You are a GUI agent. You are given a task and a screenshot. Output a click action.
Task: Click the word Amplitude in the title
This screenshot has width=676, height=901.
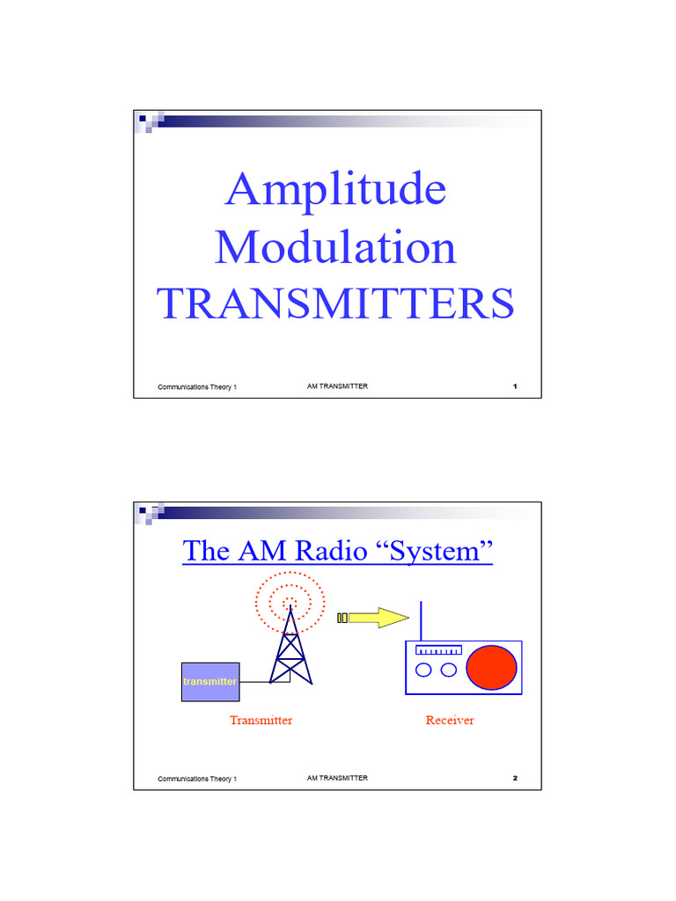click(335, 189)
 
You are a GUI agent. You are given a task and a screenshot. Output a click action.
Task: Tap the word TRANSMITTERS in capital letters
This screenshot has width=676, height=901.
click(335, 304)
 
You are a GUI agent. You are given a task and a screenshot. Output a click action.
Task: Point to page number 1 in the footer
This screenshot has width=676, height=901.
click(514, 387)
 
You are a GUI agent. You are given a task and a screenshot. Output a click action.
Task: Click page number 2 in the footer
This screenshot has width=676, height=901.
click(514, 779)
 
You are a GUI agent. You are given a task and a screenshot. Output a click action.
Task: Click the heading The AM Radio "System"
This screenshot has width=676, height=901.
click(337, 552)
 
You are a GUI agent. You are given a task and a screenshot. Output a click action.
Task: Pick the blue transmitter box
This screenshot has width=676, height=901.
click(210, 682)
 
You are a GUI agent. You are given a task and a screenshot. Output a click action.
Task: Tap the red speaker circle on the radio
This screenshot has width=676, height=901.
click(491, 668)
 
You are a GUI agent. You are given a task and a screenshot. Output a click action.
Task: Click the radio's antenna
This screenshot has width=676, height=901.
click(422, 621)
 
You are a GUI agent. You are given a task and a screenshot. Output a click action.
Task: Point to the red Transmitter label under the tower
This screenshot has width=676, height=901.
click(261, 721)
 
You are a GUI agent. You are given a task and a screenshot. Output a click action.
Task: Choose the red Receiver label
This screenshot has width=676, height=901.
click(450, 721)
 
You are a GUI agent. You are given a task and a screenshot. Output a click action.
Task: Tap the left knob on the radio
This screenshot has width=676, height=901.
click(424, 670)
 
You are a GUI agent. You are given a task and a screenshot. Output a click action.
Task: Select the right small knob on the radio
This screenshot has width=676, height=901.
click(449, 670)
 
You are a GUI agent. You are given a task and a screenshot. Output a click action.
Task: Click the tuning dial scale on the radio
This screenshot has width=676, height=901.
click(438, 651)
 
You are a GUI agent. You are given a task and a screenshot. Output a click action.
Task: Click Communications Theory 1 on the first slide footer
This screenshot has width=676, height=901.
click(197, 388)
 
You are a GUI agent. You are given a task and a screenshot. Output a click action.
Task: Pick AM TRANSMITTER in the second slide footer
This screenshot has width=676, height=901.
click(337, 779)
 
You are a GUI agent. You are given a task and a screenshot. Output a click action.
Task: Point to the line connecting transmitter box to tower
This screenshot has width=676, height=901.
click(255, 682)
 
